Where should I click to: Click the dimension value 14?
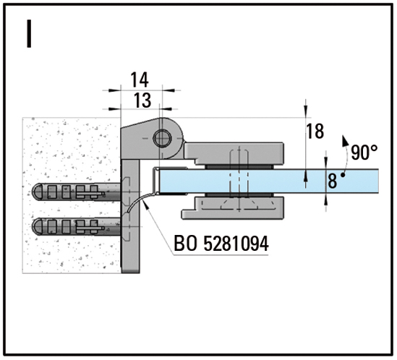140,80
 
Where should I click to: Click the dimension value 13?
142,100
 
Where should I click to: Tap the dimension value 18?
315,131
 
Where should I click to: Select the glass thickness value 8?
332,181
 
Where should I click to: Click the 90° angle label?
364,153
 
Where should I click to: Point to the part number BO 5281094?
221,244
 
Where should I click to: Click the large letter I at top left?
29,34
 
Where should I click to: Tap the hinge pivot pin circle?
162,139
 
